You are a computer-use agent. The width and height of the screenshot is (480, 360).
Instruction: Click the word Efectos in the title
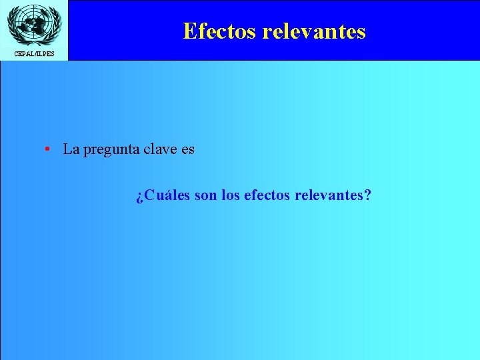pyautogui.click(x=219, y=31)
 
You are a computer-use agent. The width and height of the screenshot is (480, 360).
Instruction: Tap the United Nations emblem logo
pyautogui.click(x=33, y=24)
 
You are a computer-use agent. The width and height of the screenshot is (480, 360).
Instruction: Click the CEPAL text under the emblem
pyautogui.click(x=23, y=53)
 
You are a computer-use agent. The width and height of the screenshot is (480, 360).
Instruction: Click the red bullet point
pyautogui.click(x=49, y=149)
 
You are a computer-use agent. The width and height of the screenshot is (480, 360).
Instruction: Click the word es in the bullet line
pyautogui.click(x=187, y=149)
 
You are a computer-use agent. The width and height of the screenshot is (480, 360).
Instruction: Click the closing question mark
pyautogui.click(x=368, y=195)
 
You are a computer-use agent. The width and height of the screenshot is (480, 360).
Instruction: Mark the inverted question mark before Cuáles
pyautogui.click(x=139, y=197)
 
